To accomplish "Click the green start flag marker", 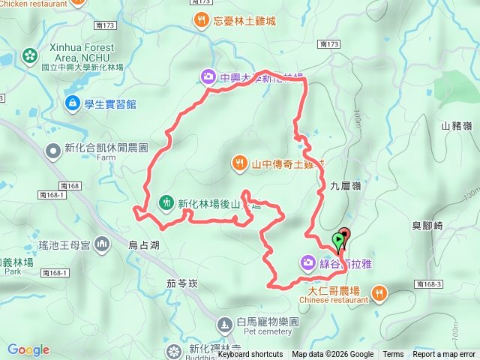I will coord(338,241).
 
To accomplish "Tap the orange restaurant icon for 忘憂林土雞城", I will coord(200,20).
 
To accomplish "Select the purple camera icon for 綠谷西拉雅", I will coord(307,262).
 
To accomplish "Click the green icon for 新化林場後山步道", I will coord(166,202).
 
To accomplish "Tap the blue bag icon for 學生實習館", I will coord(73,103).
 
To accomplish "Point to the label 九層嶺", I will coord(345,184).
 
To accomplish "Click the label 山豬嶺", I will coord(457,127).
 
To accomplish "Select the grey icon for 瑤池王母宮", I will coord(103,244).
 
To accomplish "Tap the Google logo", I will coord(28,349).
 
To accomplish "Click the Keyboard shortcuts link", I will coord(250,355).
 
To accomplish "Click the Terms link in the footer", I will coord(393,355).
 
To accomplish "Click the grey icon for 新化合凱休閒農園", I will coord(54,152).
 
